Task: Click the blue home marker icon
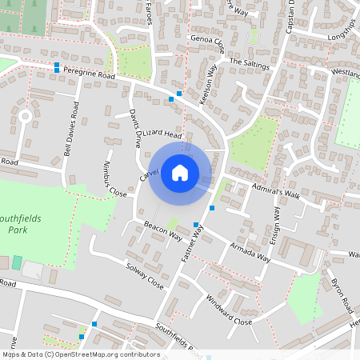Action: (x=180, y=173)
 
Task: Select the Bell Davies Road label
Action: (x=70, y=129)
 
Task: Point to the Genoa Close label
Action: (x=207, y=42)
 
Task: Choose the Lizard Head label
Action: (x=164, y=136)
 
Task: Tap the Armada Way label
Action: (x=250, y=251)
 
